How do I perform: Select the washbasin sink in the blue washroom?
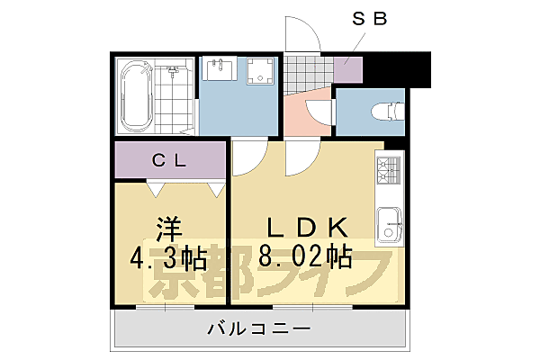coord(219,70)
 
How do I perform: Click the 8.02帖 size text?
coord(301,259)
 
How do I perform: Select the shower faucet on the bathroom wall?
coord(171,69)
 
